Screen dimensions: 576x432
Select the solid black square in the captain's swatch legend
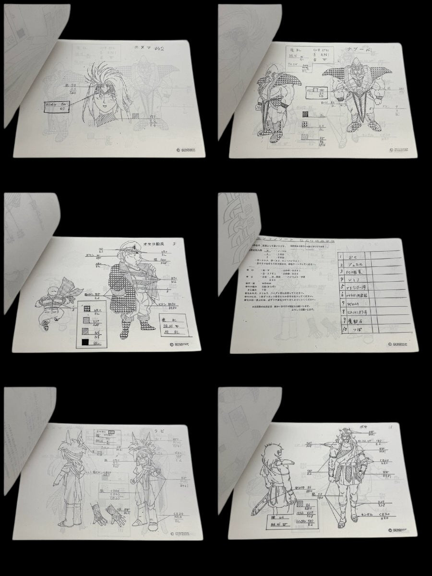point(85,342)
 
